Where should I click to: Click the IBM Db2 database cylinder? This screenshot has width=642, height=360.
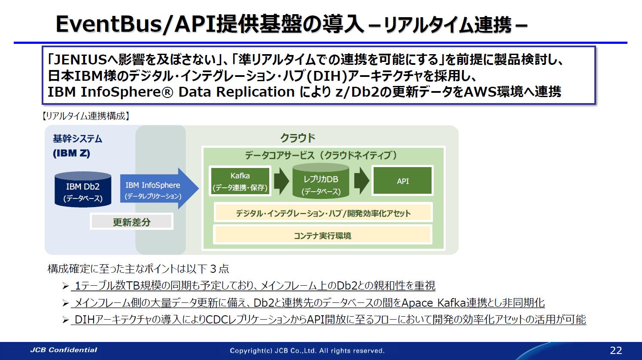click(83, 189)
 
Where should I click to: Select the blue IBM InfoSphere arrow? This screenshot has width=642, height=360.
click(157, 189)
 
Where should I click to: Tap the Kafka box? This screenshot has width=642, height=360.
click(240, 181)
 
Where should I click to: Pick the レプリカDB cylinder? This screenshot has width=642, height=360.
click(321, 182)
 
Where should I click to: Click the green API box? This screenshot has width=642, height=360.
click(402, 181)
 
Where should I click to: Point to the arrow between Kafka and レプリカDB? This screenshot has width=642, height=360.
click(281, 181)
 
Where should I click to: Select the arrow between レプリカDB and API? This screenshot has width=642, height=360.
click(362, 181)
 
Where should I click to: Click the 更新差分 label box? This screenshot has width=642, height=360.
click(131, 222)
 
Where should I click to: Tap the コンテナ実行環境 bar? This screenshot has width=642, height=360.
click(323, 235)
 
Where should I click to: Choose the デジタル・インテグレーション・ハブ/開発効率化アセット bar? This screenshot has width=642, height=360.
click(323, 213)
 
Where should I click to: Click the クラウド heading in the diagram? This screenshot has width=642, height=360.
click(298, 138)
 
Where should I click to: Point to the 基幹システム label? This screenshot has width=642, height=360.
click(77, 139)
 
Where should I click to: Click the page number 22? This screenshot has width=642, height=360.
click(616, 350)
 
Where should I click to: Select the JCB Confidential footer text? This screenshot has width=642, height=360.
click(64, 350)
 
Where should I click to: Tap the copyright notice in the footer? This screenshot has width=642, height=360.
click(307, 351)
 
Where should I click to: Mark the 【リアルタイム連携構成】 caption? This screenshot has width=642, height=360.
click(85, 116)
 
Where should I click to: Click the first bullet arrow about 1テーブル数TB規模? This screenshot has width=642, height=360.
click(65, 286)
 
